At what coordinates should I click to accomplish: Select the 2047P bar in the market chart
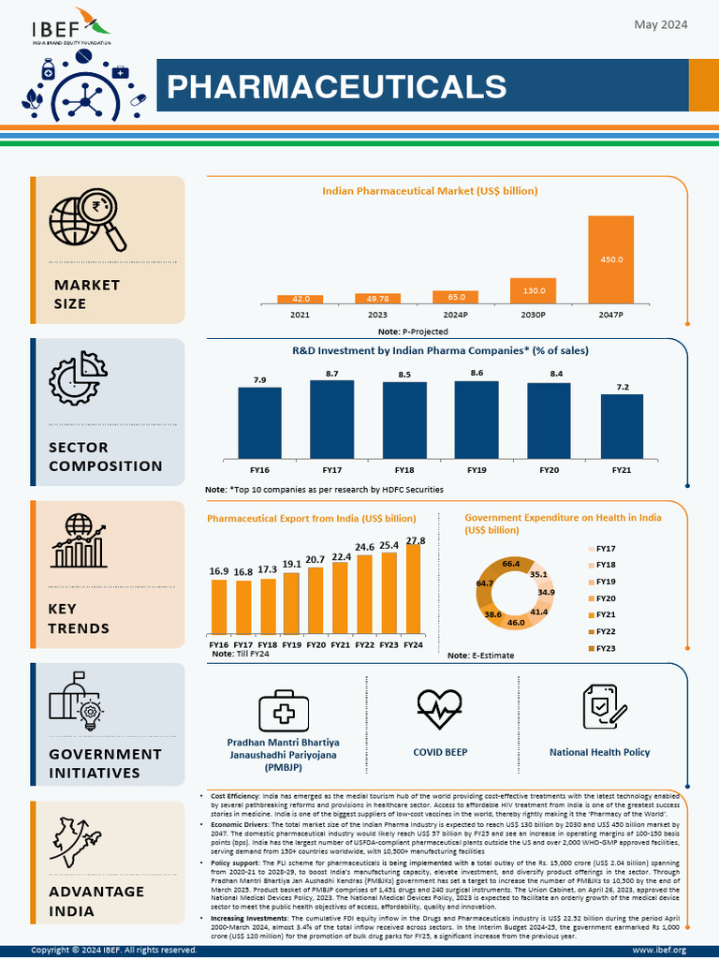click(x=610, y=259)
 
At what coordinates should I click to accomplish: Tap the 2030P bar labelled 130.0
click(x=533, y=290)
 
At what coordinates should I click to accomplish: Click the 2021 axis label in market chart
click(x=300, y=314)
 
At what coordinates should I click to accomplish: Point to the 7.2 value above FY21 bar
click(x=622, y=387)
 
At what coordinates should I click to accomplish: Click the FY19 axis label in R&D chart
click(x=477, y=469)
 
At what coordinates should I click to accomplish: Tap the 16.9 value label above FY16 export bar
click(x=218, y=570)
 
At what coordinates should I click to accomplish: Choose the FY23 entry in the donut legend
click(x=605, y=648)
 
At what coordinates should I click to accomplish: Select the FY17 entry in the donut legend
click(x=605, y=548)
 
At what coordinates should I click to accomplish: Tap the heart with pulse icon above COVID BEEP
click(x=440, y=709)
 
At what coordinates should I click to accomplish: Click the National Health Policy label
click(x=599, y=752)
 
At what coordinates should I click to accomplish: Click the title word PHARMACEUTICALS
click(x=336, y=86)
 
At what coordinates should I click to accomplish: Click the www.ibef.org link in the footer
click(x=659, y=950)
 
